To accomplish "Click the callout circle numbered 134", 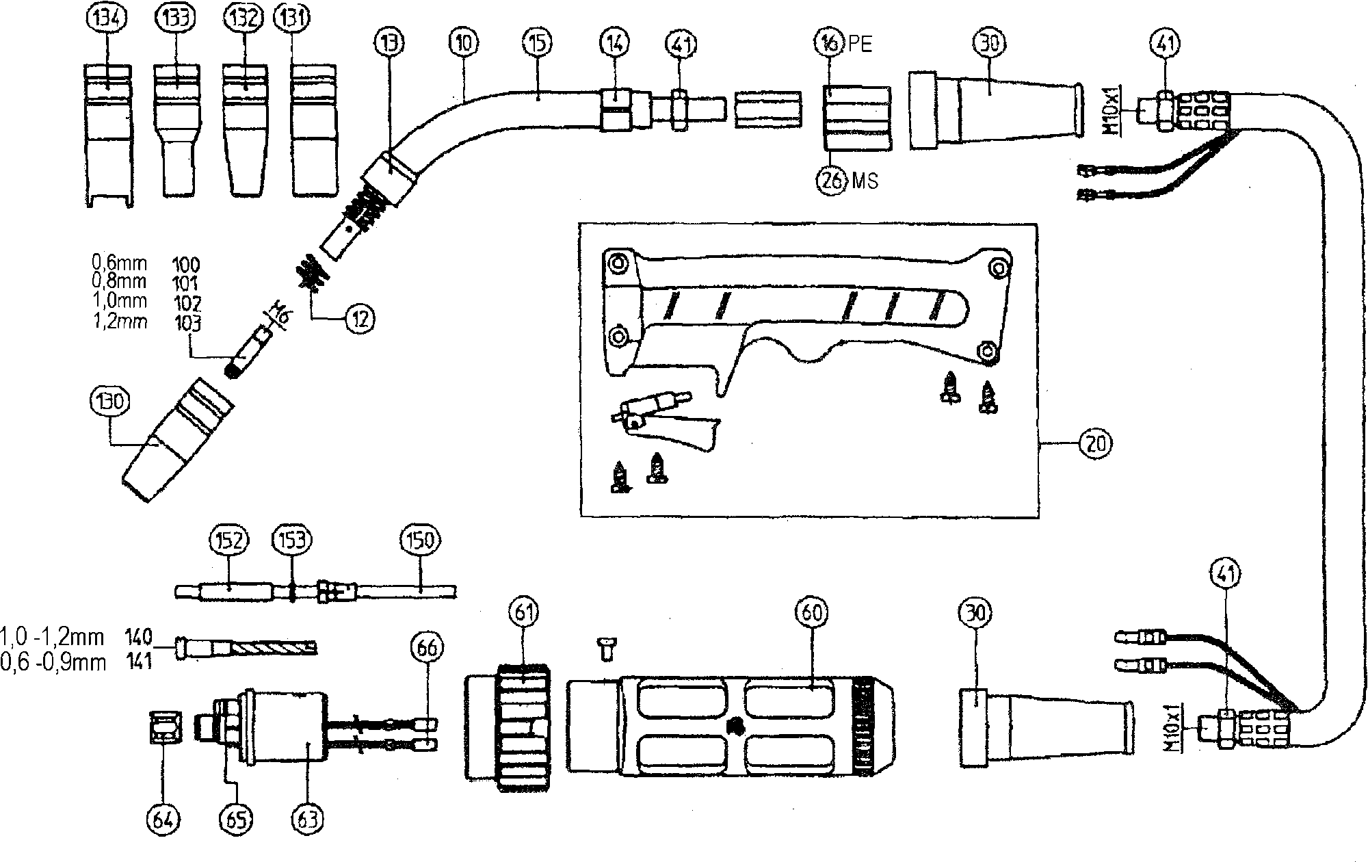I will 108,19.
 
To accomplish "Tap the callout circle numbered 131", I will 292,19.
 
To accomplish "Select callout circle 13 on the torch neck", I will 389,43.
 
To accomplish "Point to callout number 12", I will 360,318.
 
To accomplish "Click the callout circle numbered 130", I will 110,401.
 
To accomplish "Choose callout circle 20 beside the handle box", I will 1095,444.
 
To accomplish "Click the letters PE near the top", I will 860,45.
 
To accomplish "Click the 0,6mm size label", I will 118,263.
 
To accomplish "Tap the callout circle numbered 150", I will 419,541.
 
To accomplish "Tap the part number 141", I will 138,662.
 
